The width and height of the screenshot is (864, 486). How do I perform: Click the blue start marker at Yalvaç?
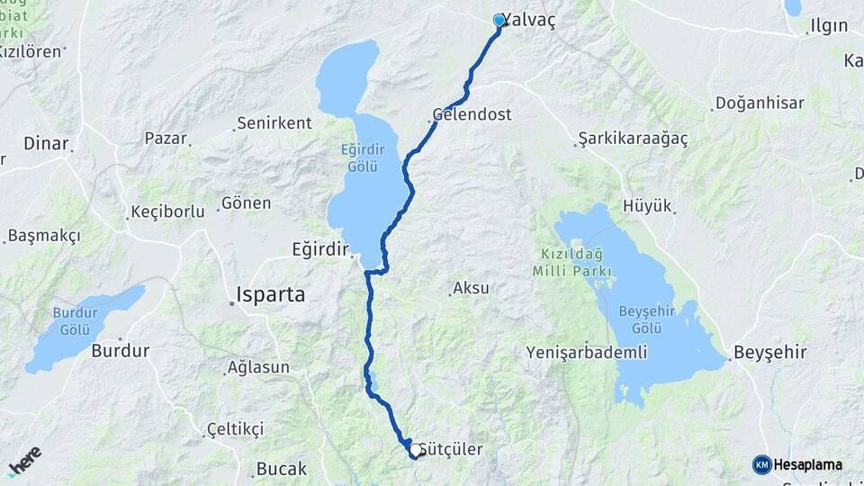tap(499, 20)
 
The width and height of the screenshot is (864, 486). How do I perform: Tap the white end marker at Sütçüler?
tap(415, 452)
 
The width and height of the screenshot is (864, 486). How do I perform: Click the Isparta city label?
tap(270, 294)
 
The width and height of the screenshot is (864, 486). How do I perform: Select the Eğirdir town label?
tap(319, 247)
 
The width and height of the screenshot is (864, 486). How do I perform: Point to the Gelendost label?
tap(472, 115)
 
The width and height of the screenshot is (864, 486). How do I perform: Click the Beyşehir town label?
tap(770, 352)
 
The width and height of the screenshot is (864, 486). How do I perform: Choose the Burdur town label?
tap(120, 351)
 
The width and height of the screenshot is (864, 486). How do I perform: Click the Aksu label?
tap(471, 289)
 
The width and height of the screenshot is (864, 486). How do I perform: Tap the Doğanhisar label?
tap(760, 103)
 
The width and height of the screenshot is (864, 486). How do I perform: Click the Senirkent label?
tap(274, 123)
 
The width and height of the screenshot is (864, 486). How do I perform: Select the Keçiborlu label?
tap(174, 211)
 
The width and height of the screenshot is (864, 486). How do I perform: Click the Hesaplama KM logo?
tap(797, 464)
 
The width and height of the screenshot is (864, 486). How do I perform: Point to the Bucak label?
tap(282, 469)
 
